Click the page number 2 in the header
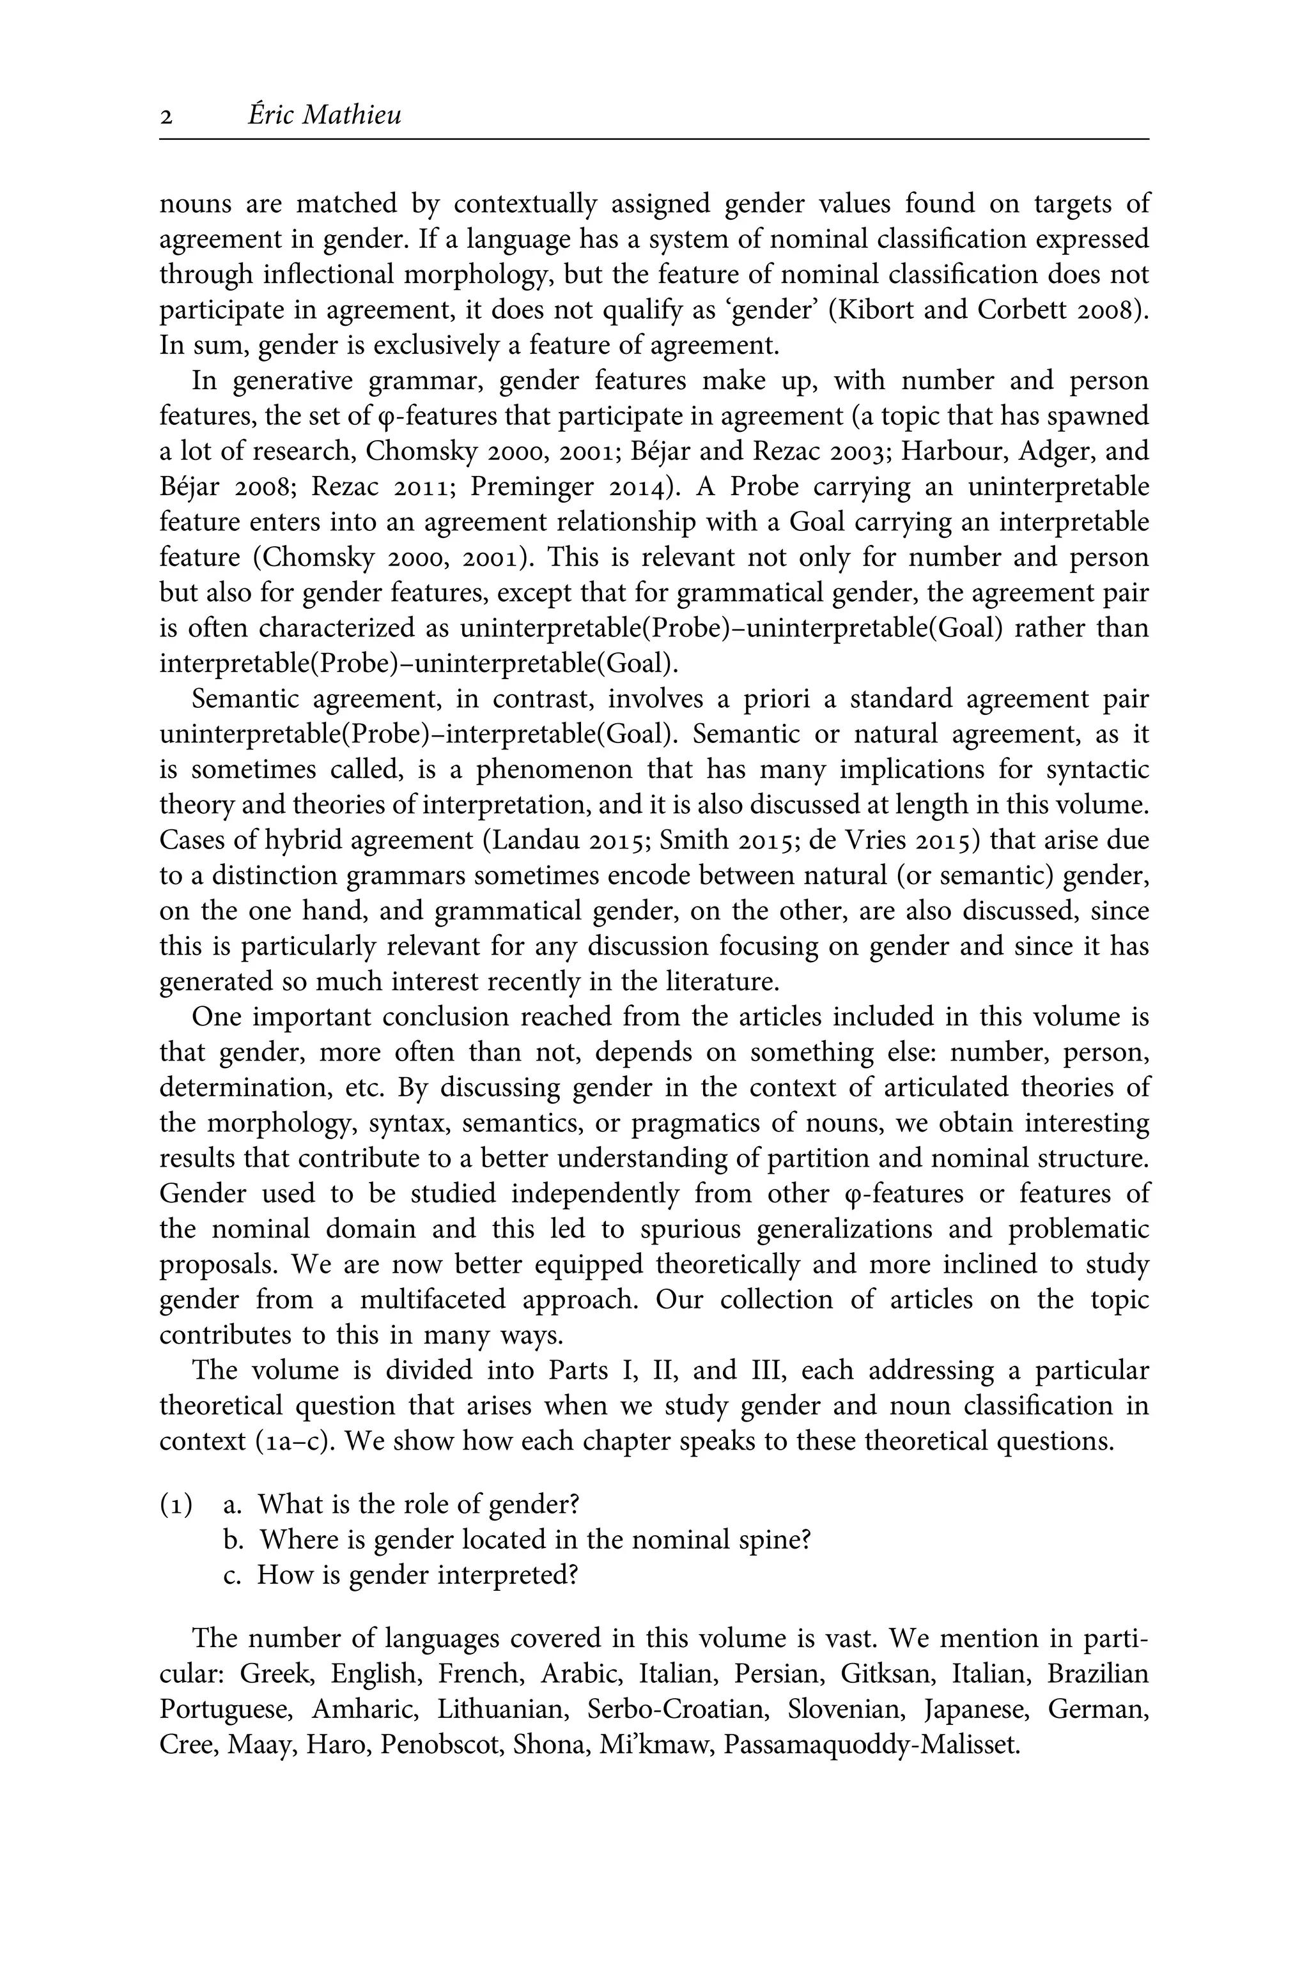(x=166, y=117)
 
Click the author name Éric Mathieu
(x=324, y=114)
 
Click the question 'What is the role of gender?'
(x=417, y=1505)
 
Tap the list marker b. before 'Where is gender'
(x=232, y=1540)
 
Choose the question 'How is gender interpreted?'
(x=417, y=1575)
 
